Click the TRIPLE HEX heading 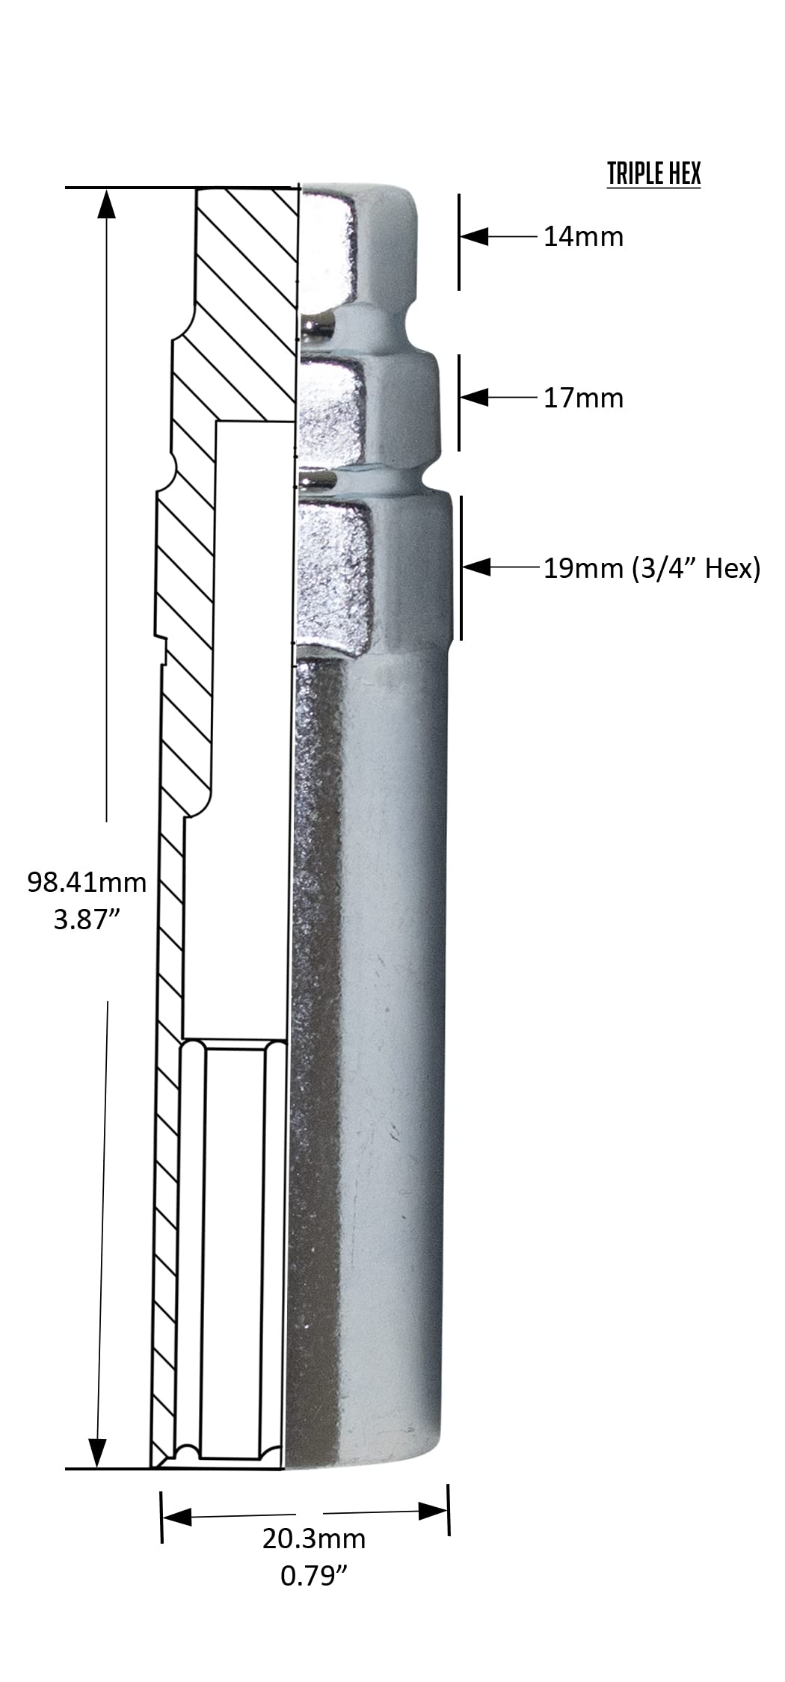coord(653,173)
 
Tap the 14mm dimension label coord(583,237)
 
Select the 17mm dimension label coord(583,398)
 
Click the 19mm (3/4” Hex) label coord(651,569)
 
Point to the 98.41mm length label coord(87,882)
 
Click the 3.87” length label coord(87,919)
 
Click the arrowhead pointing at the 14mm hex coord(474,236)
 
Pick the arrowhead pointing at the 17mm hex coord(474,397)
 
